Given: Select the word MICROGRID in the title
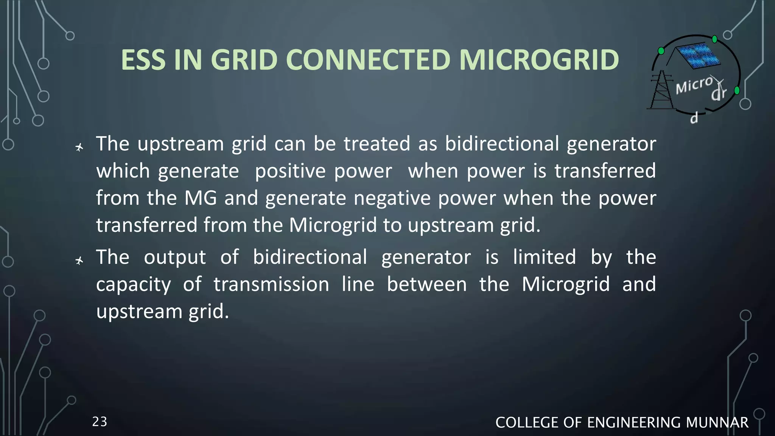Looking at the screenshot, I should pyautogui.click(x=539, y=60).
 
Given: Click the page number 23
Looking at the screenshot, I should pyautogui.click(x=100, y=422).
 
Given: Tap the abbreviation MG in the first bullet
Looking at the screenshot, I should pyautogui.click(x=201, y=198).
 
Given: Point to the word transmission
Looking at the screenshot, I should pyautogui.click(x=271, y=284).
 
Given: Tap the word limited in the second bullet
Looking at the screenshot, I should pyautogui.click(x=545, y=257).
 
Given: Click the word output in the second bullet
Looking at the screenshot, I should pyautogui.click(x=175, y=258).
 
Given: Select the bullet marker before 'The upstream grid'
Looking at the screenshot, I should pyautogui.click(x=79, y=147).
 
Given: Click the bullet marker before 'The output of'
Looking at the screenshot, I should pyautogui.click(x=79, y=260).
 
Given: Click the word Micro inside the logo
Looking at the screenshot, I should pyautogui.click(x=694, y=85).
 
